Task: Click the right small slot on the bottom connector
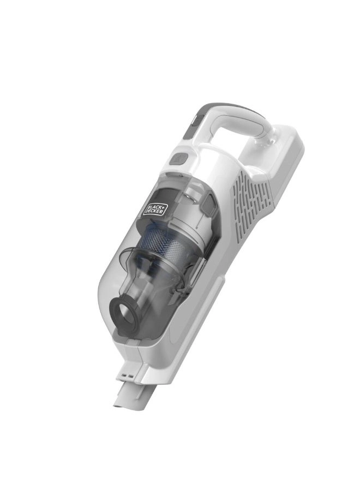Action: [131, 376]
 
